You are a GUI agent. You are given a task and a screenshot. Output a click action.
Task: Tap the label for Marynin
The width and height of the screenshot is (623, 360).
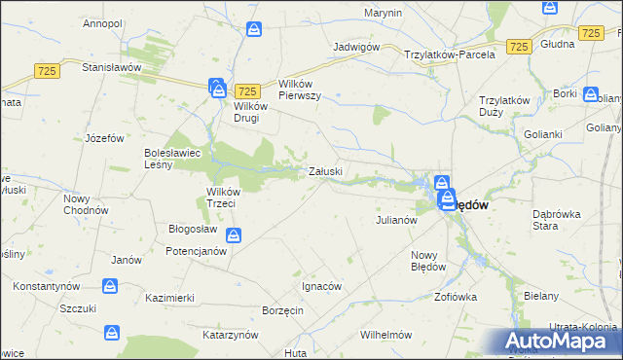coord(383,13)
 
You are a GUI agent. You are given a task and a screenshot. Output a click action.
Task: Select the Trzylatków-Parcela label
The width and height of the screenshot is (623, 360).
coord(450,54)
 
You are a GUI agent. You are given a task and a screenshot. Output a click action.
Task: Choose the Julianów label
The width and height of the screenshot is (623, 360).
coord(396,220)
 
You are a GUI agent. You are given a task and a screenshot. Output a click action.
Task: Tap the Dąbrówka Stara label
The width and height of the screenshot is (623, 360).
coord(558,219)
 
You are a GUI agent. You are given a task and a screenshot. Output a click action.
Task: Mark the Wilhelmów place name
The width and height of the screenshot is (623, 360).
coord(387,334)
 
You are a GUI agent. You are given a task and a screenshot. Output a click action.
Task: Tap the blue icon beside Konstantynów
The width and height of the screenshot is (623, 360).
coord(110,286)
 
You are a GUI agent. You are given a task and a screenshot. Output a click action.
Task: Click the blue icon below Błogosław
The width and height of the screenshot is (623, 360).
coord(234,234)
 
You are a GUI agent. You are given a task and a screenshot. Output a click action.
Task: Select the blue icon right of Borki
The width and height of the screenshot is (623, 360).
coord(590,94)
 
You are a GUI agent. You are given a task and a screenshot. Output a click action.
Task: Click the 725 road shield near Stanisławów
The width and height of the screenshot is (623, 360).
coord(46,70)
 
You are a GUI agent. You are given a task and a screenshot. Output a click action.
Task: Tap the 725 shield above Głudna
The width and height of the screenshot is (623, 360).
coord(590,33)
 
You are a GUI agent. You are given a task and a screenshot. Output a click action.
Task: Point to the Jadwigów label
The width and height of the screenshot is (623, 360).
coord(354,46)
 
